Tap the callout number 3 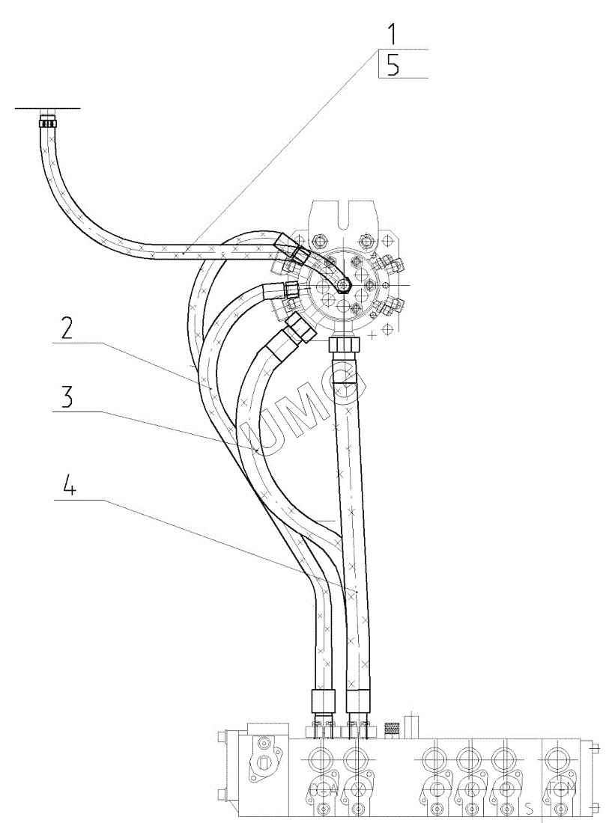68,399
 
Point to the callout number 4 68,487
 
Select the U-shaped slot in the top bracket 345,217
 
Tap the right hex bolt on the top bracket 366,241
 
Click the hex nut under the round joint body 346,346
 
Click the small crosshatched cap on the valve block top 390,726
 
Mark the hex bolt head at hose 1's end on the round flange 344,285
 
